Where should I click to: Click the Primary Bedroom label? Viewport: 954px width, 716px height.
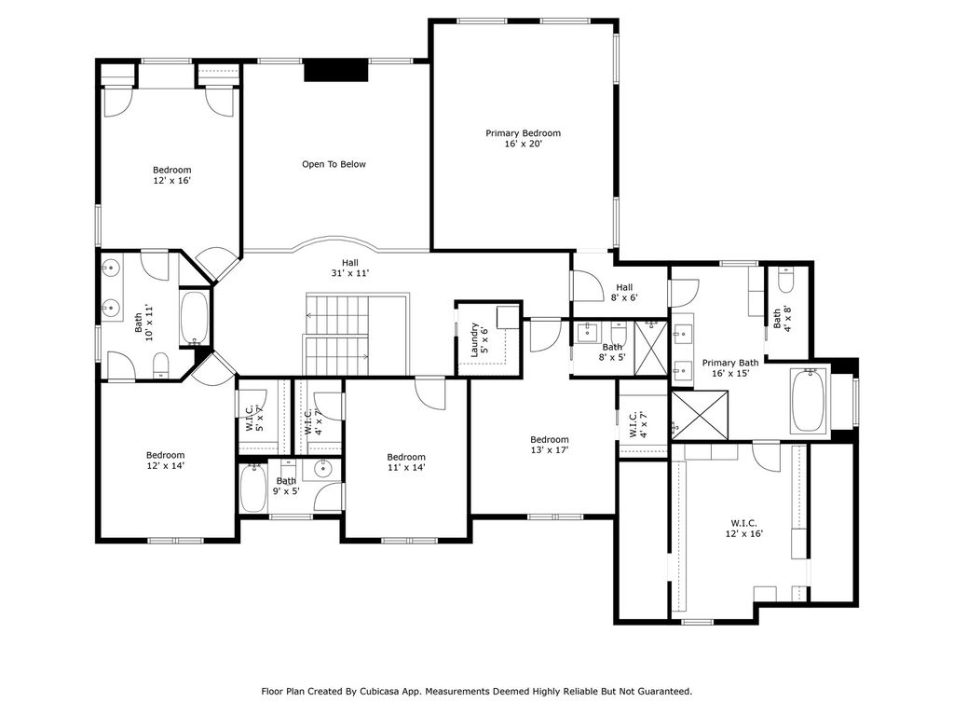point(523,138)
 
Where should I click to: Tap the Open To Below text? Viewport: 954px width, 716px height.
point(334,164)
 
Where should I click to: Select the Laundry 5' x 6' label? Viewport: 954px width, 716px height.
point(480,339)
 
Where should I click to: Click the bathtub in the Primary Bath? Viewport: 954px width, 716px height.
point(808,401)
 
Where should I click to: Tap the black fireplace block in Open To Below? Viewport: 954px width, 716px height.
point(336,70)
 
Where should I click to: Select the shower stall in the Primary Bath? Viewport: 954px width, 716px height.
point(700,415)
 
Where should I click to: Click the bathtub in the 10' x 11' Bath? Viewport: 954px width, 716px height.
point(195,319)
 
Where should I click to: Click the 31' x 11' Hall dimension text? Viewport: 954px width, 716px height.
point(350,273)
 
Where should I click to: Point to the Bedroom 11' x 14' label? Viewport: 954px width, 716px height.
point(406,462)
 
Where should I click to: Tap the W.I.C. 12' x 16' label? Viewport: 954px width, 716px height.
point(743,529)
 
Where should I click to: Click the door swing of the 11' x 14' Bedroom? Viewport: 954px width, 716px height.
point(430,393)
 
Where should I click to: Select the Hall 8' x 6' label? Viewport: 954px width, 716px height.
point(624,292)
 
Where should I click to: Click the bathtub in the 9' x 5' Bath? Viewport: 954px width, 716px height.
point(253,489)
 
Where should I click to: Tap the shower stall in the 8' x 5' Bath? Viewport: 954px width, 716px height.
point(650,347)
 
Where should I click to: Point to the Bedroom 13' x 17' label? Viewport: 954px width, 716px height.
point(550,445)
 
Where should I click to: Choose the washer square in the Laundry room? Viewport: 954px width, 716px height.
point(508,317)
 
